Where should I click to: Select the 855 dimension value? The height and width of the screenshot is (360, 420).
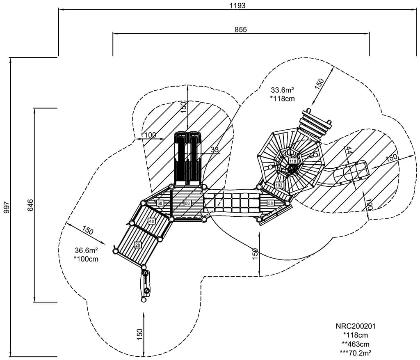241,29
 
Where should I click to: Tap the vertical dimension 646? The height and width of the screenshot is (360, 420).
30,205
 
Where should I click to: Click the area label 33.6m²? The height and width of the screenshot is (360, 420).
283,90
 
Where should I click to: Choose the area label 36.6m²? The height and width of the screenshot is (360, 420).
87,250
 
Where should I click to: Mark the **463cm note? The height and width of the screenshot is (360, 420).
355,344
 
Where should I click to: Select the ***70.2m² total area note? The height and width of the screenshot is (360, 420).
355,352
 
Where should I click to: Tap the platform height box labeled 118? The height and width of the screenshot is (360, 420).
292,161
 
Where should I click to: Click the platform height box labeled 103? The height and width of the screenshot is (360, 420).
279,185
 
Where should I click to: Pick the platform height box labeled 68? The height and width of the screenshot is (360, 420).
160,203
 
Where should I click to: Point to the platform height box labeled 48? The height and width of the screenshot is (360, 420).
151,221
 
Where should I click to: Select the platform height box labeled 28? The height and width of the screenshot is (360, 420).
137,245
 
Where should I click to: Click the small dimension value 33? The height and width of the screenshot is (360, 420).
215,150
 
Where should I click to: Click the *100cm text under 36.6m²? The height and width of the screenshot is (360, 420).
86,259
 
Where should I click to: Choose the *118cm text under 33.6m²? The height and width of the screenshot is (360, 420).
283,99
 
